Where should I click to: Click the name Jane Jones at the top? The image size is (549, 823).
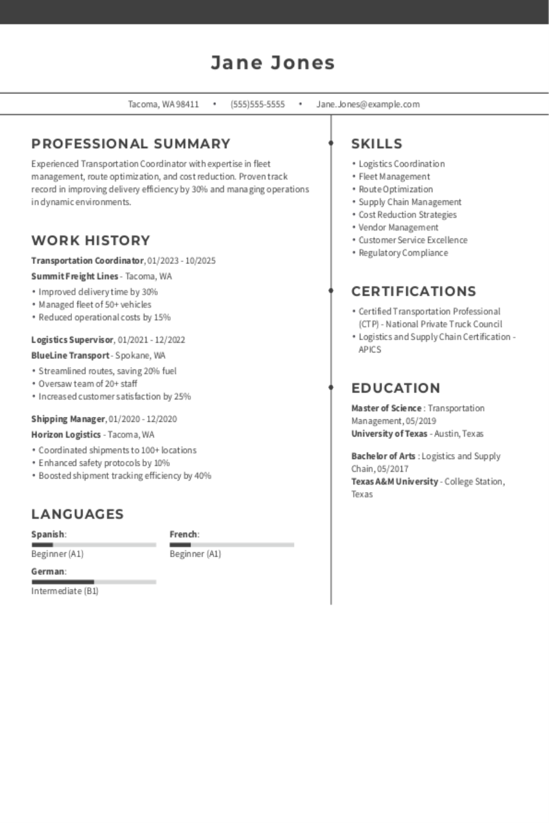click(x=273, y=63)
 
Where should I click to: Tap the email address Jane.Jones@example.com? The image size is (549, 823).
click(x=368, y=104)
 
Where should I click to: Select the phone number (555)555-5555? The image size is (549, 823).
click(x=257, y=104)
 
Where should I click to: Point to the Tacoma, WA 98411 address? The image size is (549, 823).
click(x=163, y=104)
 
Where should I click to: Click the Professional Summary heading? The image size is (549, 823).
click(x=131, y=144)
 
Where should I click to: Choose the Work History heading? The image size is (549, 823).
click(x=90, y=240)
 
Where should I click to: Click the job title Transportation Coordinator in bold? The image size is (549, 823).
click(x=87, y=261)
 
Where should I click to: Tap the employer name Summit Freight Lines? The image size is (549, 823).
click(x=74, y=276)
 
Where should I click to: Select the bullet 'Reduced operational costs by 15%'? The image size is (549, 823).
click(x=104, y=318)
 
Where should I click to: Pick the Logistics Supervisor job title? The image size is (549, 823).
click(x=72, y=340)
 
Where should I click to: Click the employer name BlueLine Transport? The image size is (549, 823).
click(x=70, y=355)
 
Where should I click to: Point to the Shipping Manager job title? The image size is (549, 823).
click(x=68, y=419)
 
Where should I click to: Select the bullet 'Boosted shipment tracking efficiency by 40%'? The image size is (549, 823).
click(x=124, y=476)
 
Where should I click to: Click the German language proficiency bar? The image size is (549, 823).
click(x=94, y=582)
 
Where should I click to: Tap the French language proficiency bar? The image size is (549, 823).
click(x=232, y=545)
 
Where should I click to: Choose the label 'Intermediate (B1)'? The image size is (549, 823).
click(x=65, y=591)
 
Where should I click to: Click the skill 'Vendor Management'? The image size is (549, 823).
click(x=398, y=227)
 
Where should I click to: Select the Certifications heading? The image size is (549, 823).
click(x=414, y=291)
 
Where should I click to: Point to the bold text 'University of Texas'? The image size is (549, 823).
click(x=389, y=434)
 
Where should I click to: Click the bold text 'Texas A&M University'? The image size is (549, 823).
click(x=395, y=482)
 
